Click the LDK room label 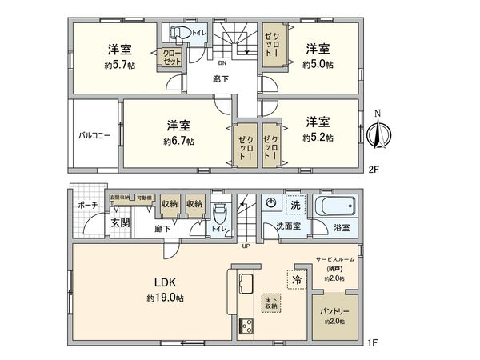pyautogui.click(x=165, y=282)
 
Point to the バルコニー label pyautogui.click(x=94, y=135)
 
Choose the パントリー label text pyautogui.click(x=335, y=310)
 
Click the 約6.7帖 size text pyautogui.click(x=178, y=141)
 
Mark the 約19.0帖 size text pyautogui.click(x=166, y=298)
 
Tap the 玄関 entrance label pyautogui.click(x=120, y=222)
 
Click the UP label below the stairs pyautogui.click(x=245, y=246)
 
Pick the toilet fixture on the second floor pyautogui.click(x=181, y=33)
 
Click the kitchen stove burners pyautogui.click(x=246, y=326)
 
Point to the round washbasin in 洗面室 pyautogui.click(x=272, y=203)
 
